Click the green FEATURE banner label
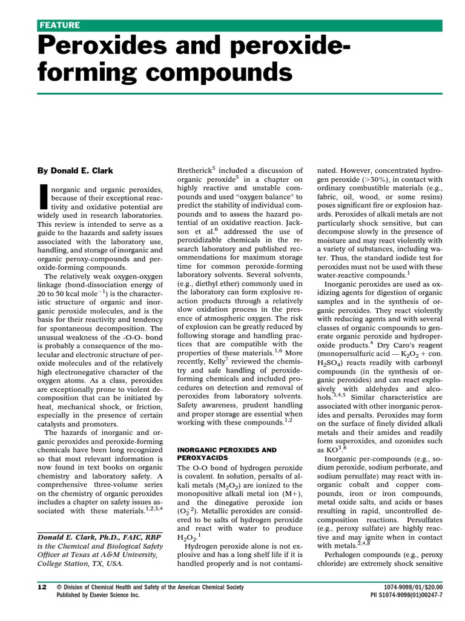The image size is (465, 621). (x=59, y=25)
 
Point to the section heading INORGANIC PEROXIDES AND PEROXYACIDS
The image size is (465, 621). (x=226, y=454)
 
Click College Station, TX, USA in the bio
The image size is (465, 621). (x=80, y=563)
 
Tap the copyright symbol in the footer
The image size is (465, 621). (x=59, y=587)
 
